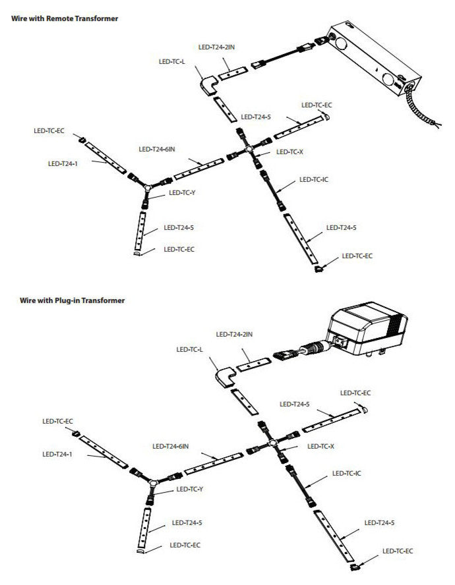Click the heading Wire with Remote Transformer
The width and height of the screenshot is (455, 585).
tap(65, 18)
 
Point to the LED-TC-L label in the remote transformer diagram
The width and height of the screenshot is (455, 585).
tap(173, 61)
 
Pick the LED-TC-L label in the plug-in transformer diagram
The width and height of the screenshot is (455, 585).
tap(191, 349)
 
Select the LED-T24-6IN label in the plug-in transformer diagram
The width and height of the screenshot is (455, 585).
tap(171, 446)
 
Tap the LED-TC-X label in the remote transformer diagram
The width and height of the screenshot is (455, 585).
tap(289, 152)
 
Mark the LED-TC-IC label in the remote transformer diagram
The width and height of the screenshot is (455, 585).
tap(314, 179)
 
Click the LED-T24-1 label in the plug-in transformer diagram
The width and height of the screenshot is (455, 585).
tap(56, 453)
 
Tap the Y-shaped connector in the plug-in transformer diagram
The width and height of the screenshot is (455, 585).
tap(154, 482)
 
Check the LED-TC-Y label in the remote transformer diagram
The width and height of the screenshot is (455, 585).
tap(182, 192)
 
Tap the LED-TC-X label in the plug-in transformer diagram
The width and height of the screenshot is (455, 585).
tap(320, 446)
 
